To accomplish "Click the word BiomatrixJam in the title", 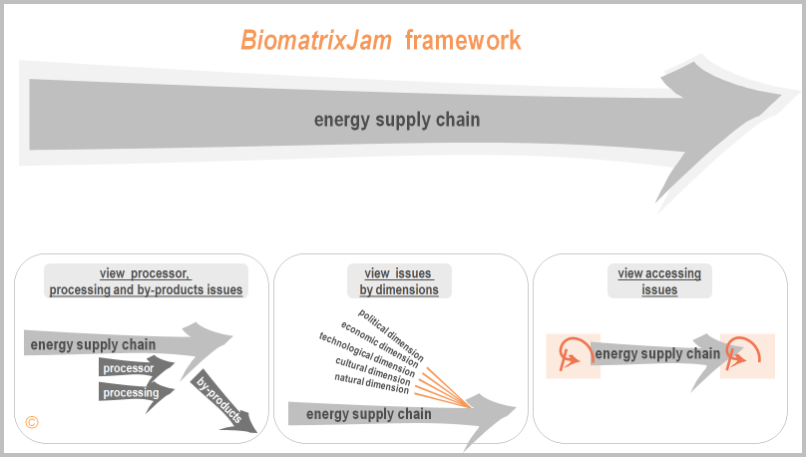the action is click(316, 40).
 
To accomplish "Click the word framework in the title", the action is click(463, 40).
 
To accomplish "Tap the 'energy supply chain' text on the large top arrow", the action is click(397, 120).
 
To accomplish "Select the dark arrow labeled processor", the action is click(136, 368).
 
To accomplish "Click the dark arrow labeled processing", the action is click(136, 393).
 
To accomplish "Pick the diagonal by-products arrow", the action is click(224, 402).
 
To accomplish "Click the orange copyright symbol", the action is click(32, 422).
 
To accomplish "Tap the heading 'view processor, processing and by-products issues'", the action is click(146, 281).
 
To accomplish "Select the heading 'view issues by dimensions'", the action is click(399, 281).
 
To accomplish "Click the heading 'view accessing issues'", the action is click(659, 281).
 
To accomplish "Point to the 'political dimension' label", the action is click(391, 335).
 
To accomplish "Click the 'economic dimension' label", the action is click(379, 343).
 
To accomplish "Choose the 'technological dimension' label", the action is click(366, 354).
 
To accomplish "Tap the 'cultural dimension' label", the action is click(373, 371).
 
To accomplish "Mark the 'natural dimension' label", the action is click(372, 383).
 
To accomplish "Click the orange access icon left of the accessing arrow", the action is click(573, 353).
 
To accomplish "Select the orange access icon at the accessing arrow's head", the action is click(743, 353).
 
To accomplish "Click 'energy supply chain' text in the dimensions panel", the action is click(368, 414).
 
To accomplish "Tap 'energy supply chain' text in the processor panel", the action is click(93, 345).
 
